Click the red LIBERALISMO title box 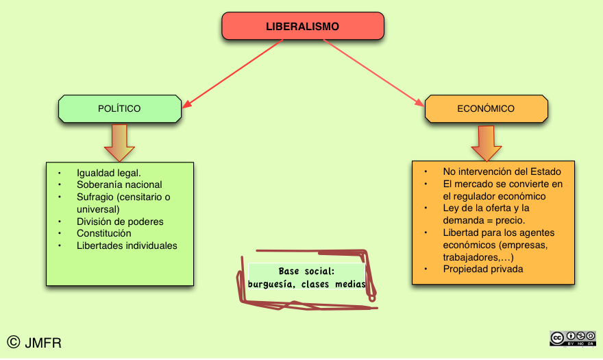[302, 27]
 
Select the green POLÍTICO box [120, 108]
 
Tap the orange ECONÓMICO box [486, 108]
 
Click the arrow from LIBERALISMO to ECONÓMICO [373, 73]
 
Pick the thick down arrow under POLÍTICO [119, 142]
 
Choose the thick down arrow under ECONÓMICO [487, 143]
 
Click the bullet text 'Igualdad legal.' [109, 172]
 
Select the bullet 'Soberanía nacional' [119, 184]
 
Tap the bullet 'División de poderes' [120, 221]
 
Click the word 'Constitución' [103, 233]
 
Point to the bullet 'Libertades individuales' [127, 245]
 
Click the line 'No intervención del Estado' [502, 171]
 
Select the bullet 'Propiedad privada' [482, 269]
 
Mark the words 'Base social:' [306, 271]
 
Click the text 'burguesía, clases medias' [306, 284]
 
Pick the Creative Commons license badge [572, 337]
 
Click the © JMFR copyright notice [34, 342]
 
